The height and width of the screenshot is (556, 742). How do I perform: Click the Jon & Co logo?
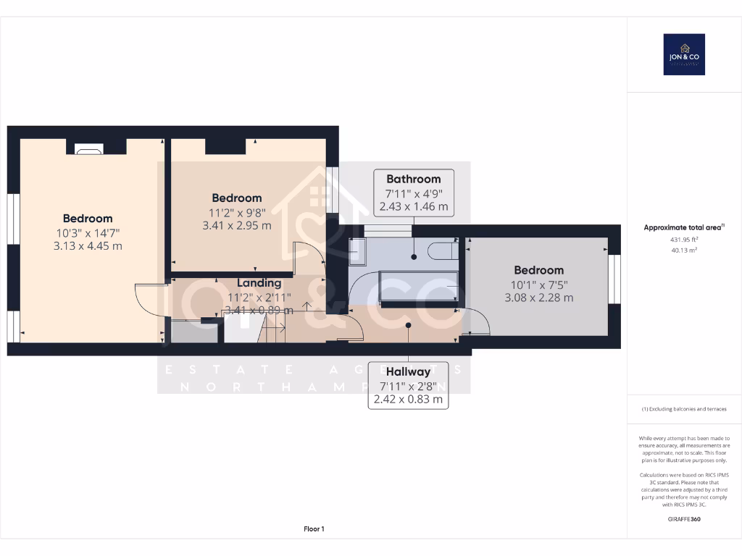684,54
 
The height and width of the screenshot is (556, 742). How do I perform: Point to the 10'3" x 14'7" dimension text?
88,232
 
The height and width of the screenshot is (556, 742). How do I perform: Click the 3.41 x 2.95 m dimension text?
237,225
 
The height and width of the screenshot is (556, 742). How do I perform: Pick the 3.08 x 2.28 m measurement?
539,298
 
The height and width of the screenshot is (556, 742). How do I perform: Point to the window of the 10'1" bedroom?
614,279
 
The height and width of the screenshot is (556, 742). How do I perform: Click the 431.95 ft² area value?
684,239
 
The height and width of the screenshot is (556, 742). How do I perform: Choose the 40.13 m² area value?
684,250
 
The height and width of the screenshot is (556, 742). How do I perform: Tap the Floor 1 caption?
314,529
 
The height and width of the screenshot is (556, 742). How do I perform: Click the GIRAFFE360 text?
684,519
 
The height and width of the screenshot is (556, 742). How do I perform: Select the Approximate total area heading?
683,227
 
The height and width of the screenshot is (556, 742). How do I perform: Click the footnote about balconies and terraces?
684,409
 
